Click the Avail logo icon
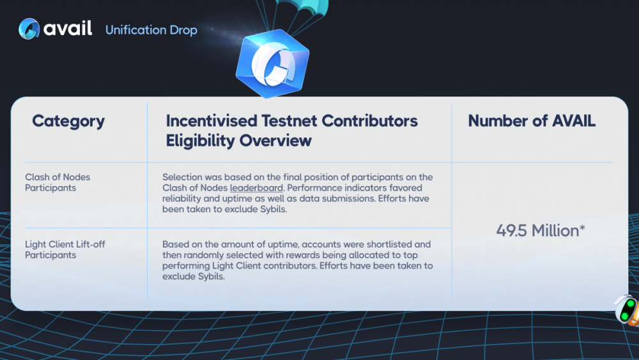(29, 29)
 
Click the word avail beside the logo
(68, 28)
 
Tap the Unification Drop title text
(151, 30)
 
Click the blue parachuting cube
(272, 63)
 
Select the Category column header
(68, 121)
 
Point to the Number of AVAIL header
(532, 121)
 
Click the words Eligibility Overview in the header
(238, 141)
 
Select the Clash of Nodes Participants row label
(58, 182)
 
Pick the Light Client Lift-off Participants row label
(65, 249)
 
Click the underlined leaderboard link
(256, 188)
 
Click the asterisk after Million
(582, 228)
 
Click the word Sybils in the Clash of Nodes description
(273, 209)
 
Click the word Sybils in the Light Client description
(211, 276)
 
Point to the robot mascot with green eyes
(627, 310)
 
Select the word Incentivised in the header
(212, 121)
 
